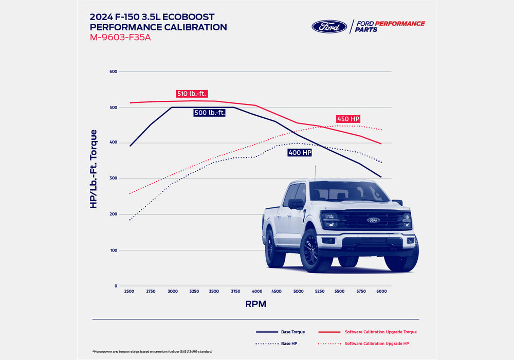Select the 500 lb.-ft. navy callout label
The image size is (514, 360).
coord(209,113)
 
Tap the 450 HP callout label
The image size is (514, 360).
coord(348,119)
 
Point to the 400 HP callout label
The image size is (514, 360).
coord(300,153)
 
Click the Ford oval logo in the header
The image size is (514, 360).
coord(329,27)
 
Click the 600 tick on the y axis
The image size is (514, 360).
coord(113,71)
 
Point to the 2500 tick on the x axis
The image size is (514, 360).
coord(129,292)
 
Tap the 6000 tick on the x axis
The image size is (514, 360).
coord(381,292)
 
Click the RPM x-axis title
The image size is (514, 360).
coord(255,304)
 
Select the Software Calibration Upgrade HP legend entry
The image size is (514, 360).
coord(377,343)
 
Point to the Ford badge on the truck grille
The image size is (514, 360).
coord(373,220)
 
